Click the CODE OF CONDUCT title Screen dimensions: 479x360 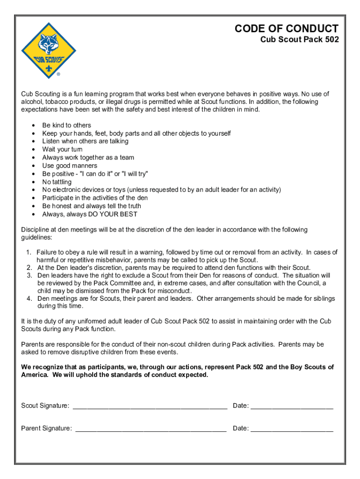click(286, 29)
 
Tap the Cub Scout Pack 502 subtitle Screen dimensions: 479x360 click(299, 40)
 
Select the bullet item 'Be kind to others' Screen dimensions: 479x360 click(66, 125)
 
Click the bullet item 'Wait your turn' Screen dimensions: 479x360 click(62, 150)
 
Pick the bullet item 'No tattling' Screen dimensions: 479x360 click(57, 182)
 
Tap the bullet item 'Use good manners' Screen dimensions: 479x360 click(70, 166)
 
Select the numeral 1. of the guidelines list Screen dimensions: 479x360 click(29, 253)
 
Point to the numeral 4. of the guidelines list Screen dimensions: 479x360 click(29, 298)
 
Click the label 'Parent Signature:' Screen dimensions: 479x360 click(46, 428)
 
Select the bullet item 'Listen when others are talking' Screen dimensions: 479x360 click(85, 141)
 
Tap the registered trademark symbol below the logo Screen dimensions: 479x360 click(58, 74)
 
